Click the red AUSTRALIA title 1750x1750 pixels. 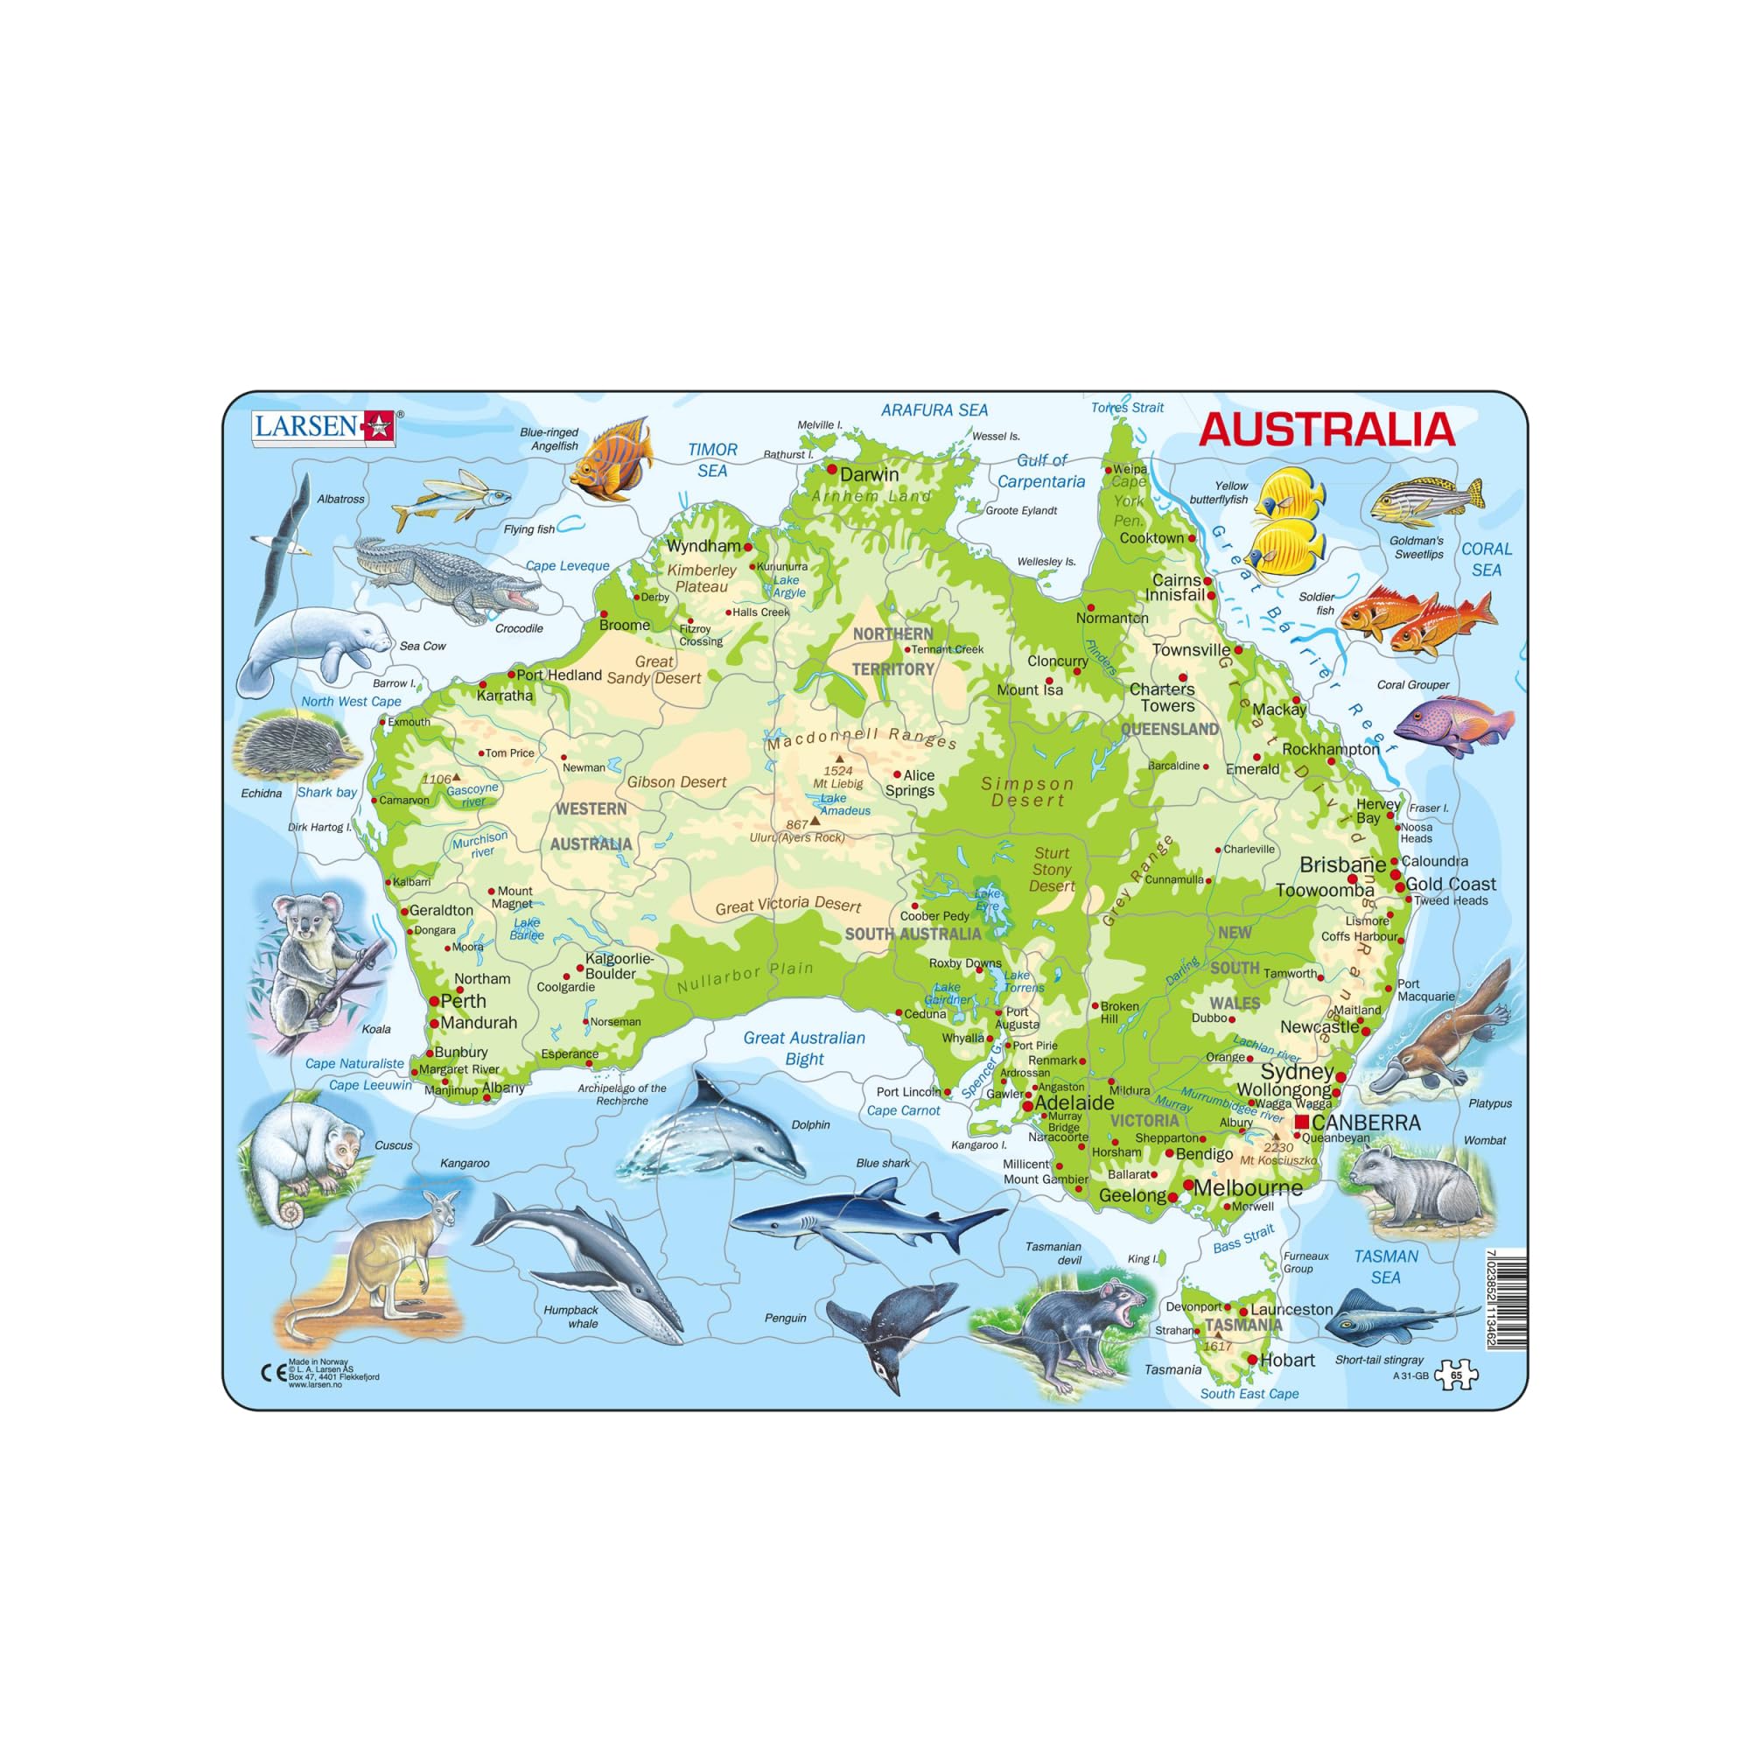coord(1326,430)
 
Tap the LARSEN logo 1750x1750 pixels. coord(324,427)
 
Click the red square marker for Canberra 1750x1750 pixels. coord(1302,1123)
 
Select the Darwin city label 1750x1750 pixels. coord(869,473)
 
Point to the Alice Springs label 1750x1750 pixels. coord(911,782)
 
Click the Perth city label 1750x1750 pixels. coord(463,1001)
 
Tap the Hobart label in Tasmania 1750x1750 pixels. coord(1286,1360)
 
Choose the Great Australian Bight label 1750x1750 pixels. coord(804,1048)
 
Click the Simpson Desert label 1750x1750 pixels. coord(1027,792)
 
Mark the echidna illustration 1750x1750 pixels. coord(294,747)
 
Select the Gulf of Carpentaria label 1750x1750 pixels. coord(1040,471)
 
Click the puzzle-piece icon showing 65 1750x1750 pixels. coord(1456,1374)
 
